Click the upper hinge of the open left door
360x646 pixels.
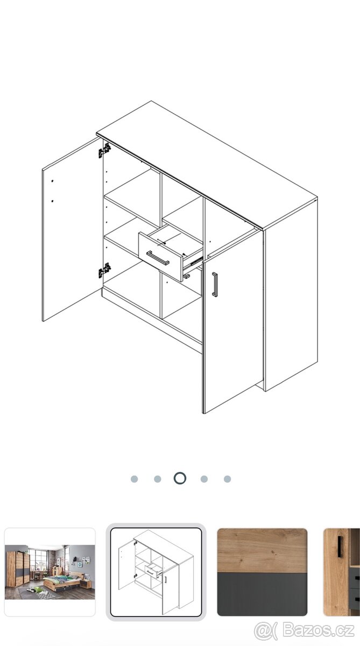coord(104,151)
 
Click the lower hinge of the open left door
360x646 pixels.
coord(104,270)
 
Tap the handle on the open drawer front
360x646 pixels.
coord(158,257)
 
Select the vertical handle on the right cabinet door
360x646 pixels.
coord(215,284)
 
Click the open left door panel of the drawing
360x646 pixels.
coord(72,229)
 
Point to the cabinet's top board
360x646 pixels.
coord(207,165)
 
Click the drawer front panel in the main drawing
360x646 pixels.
coord(160,256)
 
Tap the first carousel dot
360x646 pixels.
coord(135,479)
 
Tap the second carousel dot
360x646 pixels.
coord(157,479)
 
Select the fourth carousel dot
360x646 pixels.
coord(204,479)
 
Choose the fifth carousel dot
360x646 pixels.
coord(228,479)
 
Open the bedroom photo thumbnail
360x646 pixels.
coord(50,572)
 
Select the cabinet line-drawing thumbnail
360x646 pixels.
coord(156,572)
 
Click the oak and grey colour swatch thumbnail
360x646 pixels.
coord(262,572)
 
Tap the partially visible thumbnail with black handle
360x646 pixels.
coord(342,572)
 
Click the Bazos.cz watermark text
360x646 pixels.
coord(319,630)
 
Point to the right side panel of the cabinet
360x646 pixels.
coord(291,294)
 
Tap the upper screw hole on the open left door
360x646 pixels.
coord(52,181)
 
